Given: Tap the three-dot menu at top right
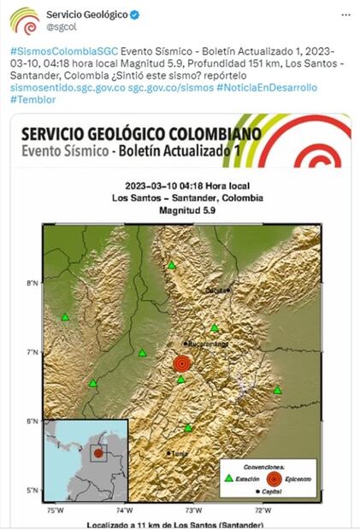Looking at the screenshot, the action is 344,15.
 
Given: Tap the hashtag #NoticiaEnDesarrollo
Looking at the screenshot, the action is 266,87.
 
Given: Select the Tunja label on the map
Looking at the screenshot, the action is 179,454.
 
